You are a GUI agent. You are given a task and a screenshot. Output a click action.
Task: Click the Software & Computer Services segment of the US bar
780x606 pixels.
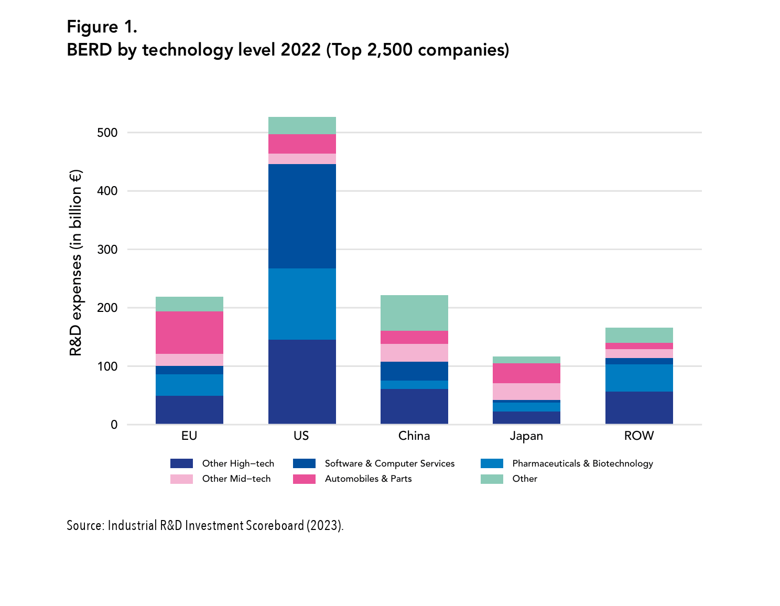pos(302,216)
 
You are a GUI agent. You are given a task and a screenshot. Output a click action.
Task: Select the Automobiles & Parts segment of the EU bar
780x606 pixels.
pos(189,332)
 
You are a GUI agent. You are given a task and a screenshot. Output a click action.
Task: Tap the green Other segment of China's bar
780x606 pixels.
pos(414,312)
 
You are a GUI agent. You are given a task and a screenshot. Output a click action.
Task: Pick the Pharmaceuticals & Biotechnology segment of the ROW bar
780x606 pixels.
pos(639,377)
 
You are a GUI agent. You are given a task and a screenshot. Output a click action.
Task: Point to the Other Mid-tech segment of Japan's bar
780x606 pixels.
pos(526,391)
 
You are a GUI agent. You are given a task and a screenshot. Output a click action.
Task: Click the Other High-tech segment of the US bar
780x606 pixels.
pos(302,382)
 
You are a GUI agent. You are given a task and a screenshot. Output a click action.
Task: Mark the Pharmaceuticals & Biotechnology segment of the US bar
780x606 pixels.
pos(302,304)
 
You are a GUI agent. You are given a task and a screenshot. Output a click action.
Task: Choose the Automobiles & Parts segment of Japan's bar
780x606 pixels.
pos(526,373)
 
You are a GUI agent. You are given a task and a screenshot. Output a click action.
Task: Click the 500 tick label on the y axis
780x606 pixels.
pos(107,133)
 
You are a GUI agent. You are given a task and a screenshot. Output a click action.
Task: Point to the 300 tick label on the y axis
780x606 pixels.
pos(107,250)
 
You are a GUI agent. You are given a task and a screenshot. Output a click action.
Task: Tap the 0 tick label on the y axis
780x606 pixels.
pos(114,425)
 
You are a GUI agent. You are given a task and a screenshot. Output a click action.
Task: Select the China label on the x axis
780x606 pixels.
pos(414,436)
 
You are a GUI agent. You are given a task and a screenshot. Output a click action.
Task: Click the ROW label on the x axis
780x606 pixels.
pos(639,436)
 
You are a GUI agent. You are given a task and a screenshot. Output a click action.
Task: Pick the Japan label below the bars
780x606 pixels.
pos(526,436)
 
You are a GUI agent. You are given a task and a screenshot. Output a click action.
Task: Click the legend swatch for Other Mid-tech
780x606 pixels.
pos(181,479)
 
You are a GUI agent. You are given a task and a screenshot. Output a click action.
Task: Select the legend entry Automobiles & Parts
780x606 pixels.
pos(368,479)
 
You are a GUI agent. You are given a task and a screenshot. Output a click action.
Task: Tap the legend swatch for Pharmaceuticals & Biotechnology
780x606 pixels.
pos(492,463)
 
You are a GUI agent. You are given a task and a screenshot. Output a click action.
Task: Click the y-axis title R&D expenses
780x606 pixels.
pos(76,262)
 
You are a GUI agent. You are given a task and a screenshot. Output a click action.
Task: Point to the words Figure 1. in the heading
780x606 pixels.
pos(102,26)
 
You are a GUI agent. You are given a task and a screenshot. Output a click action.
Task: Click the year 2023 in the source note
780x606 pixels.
pos(323,525)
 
